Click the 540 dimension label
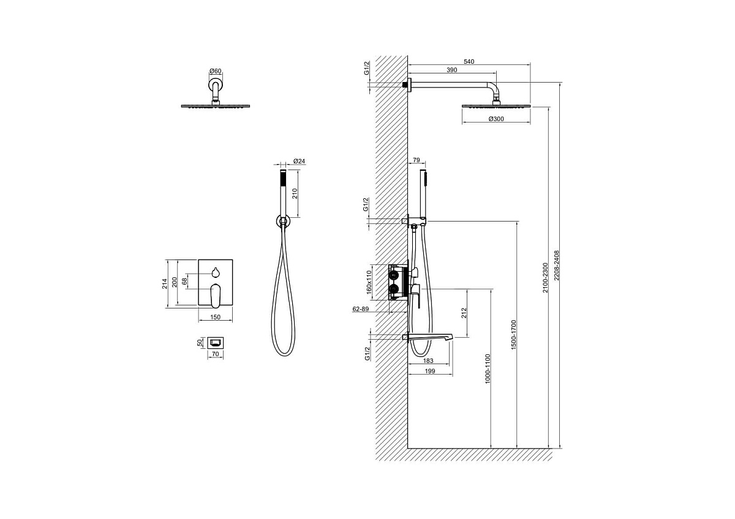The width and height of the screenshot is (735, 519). (469, 61)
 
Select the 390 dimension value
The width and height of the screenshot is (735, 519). (452, 70)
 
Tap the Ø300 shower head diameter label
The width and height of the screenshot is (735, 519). (496, 119)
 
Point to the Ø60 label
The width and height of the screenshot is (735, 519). (215, 71)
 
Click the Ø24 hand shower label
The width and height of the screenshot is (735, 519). (300, 161)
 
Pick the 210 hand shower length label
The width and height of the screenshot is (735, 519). (295, 193)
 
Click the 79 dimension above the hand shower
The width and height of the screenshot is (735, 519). (416, 160)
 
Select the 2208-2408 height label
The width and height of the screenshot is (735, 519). (556, 266)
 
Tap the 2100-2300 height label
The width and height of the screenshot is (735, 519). (545, 277)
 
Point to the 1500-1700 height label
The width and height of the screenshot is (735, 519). (513, 335)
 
